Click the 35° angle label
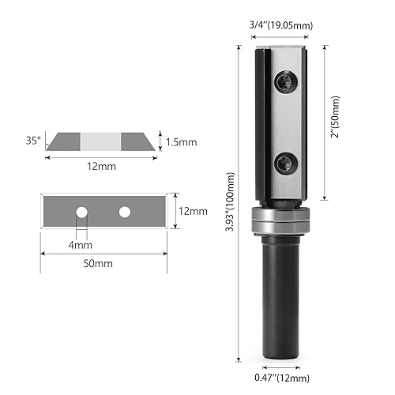[x=32, y=141]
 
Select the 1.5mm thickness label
[x=180, y=141]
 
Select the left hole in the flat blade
[x=80, y=212]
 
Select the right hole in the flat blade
[x=124, y=212]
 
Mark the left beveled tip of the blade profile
[x=53, y=145]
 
